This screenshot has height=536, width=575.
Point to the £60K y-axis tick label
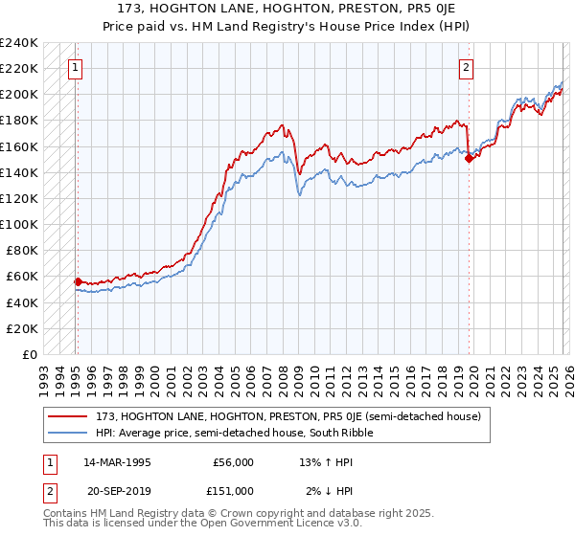click(20, 277)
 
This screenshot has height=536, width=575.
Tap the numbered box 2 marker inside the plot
click(466, 68)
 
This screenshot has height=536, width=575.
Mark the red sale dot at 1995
click(78, 281)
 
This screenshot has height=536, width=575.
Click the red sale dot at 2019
click(469, 159)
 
